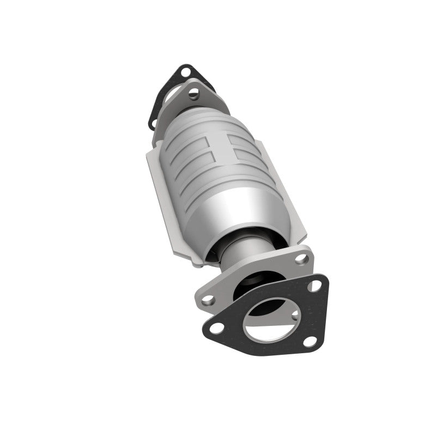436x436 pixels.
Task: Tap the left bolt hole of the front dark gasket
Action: tap(216, 327)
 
